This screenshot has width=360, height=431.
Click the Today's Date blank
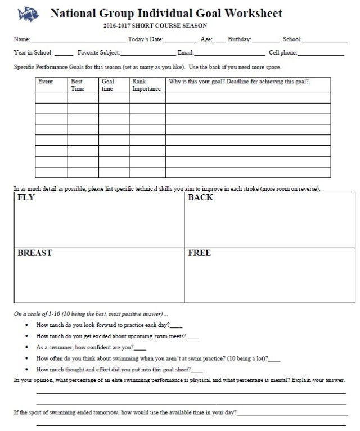pos(181,41)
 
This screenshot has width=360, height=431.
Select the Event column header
pos(46,82)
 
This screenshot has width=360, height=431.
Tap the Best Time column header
pos(77,85)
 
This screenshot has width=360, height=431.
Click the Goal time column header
pos(108,85)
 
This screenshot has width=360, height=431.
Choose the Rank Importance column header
pos(146,85)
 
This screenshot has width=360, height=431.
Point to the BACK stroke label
pos(201,199)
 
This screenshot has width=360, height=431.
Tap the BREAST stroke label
pos(35,253)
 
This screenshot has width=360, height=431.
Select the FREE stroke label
pos(200,253)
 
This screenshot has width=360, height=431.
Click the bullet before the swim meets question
pos(29,337)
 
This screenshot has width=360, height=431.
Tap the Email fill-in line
pos(230,54)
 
